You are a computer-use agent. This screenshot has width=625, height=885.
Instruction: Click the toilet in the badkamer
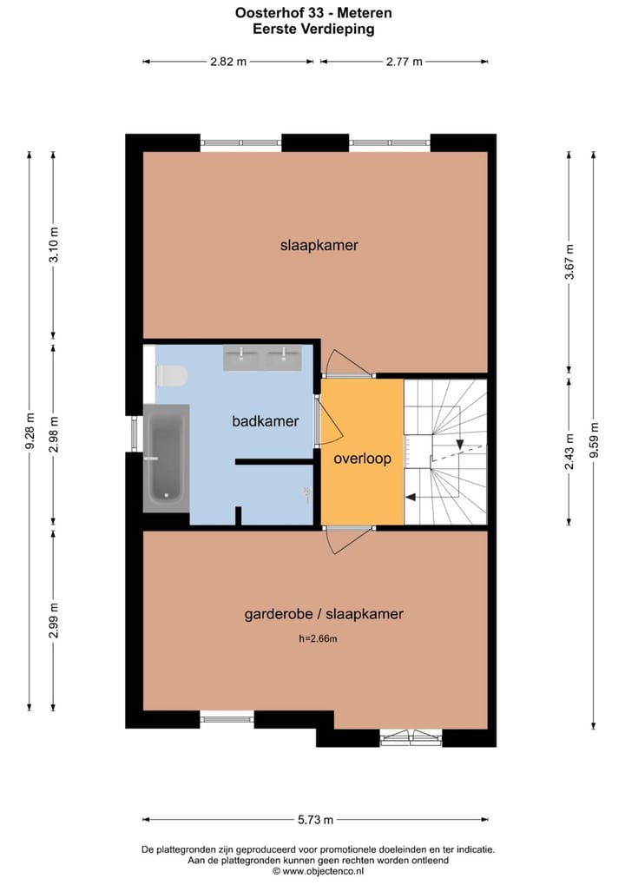[172, 375]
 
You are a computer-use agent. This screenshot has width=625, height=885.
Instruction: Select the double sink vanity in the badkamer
[262, 356]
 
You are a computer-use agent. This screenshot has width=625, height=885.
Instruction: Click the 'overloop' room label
[362, 459]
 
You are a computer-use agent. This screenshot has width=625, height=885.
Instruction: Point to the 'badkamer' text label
[265, 421]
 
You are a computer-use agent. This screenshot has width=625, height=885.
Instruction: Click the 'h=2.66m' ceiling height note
[318, 639]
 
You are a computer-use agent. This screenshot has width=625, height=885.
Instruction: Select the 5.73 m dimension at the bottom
[316, 819]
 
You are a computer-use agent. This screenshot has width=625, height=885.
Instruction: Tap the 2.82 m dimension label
[228, 61]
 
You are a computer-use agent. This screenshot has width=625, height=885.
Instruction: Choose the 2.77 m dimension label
[404, 61]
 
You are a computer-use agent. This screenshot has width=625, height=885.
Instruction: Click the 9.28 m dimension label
[30, 431]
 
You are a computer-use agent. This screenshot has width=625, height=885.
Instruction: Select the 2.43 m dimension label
[569, 452]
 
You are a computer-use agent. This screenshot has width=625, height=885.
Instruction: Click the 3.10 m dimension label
[53, 245]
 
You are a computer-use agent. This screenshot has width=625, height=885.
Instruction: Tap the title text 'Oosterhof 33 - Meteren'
[313, 12]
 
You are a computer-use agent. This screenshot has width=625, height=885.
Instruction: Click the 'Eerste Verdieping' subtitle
[313, 29]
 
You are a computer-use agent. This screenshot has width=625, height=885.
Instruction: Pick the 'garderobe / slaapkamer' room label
[324, 614]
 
